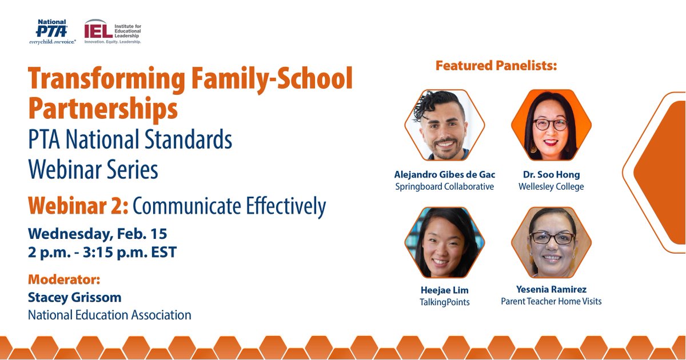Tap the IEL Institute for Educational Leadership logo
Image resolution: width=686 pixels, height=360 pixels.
[x=112, y=32]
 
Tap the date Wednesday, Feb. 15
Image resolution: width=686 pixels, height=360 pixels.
[x=97, y=234]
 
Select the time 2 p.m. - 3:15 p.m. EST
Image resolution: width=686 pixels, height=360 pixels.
[x=102, y=251]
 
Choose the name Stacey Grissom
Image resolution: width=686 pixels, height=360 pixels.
[x=74, y=298]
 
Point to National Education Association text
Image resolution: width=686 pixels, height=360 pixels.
[x=109, y=315]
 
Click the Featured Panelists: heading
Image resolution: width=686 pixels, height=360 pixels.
[x=496, y=66]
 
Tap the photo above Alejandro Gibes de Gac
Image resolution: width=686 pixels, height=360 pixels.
[x=444, y=125]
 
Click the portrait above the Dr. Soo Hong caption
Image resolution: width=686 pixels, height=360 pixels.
[x=551, y=125]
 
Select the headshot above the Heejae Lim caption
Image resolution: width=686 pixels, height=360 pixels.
[x=444, y=242]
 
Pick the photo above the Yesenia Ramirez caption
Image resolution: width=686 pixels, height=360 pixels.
[x=551, y=242]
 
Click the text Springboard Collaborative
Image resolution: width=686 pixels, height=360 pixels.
[x=444, y=187]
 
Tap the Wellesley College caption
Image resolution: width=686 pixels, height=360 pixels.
[x=551, y=187]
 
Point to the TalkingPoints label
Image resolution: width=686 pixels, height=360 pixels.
[x=444, y=302]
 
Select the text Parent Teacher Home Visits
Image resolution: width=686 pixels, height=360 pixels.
[x=551, y=301]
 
